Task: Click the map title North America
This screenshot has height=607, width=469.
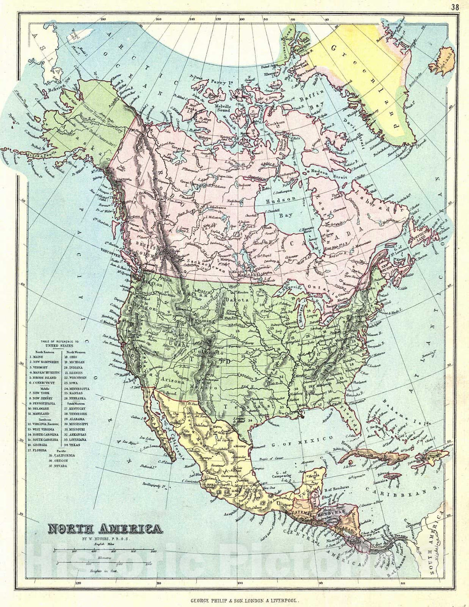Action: [x=105, y=529]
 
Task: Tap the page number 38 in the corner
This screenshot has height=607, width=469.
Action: [x=455, y=7]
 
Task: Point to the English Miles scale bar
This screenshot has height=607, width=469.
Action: [x=105, y=550]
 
